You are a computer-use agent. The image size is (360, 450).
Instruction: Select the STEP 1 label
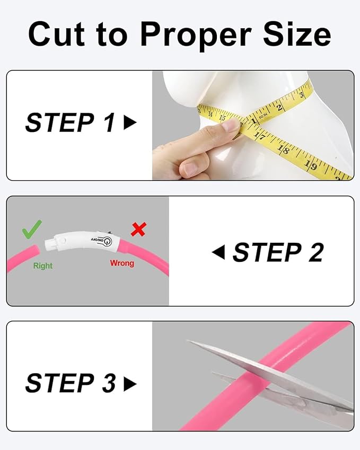pos(70,123)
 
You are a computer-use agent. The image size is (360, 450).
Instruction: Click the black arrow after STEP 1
pos(130,123)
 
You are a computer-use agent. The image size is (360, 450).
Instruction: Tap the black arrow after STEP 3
pos(130,384)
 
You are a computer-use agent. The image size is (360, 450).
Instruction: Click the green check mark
pos(32,230)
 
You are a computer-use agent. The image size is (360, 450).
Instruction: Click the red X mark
pos(139,230)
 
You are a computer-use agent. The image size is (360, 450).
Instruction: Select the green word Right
pos(43,266)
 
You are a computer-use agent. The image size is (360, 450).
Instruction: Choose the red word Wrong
pos(122,263)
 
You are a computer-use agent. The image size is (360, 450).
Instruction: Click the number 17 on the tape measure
pos(260,136)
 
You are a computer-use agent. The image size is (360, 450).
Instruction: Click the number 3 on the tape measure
pos(301,95)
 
